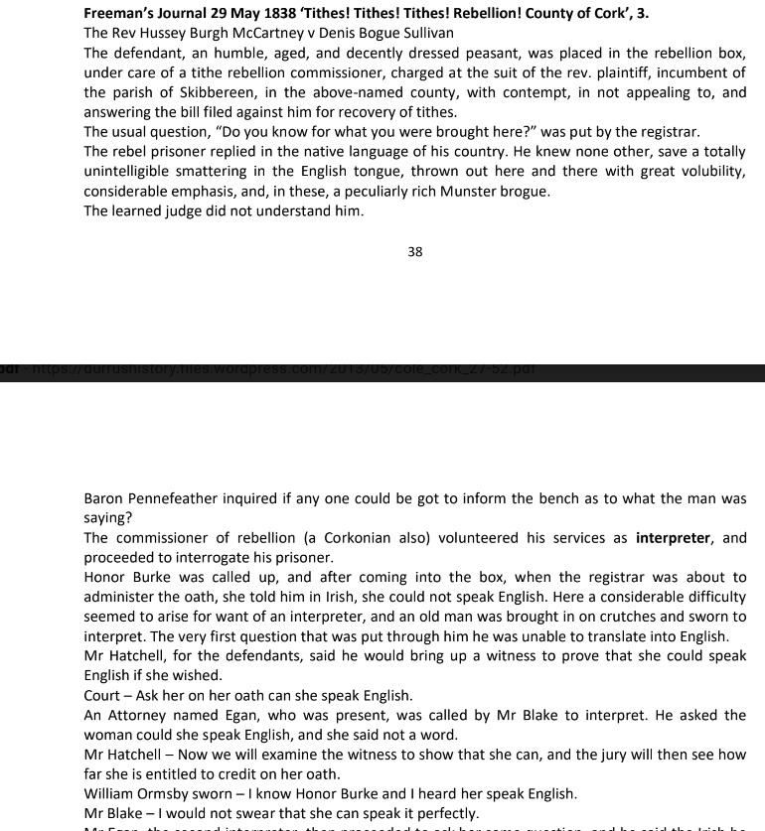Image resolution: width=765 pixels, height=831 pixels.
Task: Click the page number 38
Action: click(415, 252)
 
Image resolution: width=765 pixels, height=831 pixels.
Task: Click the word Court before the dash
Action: click(104, 695)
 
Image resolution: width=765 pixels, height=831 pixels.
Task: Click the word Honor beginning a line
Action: click(105, 577)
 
